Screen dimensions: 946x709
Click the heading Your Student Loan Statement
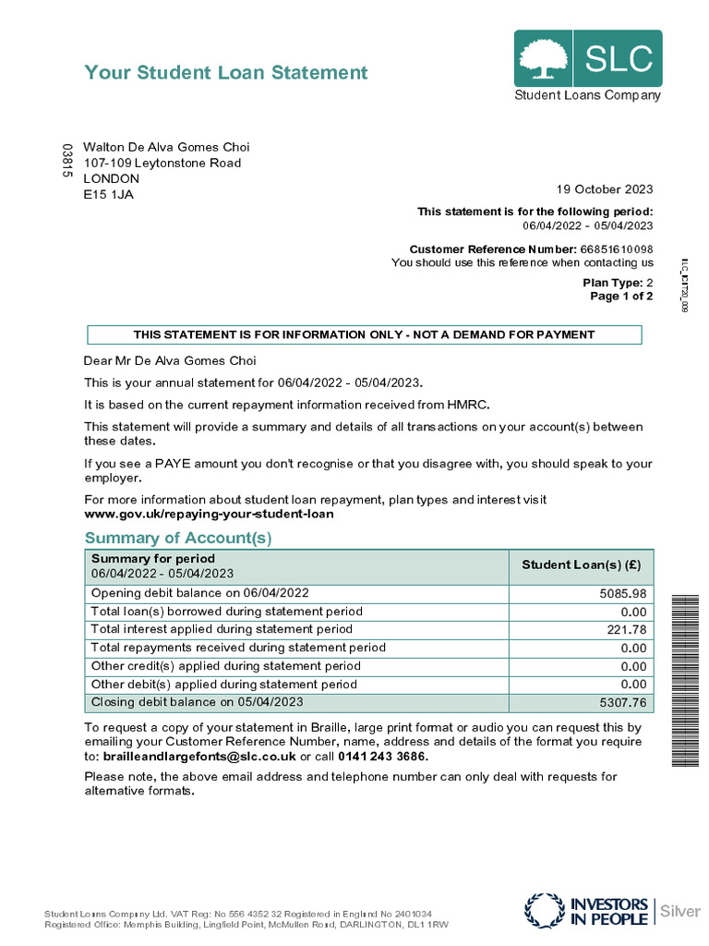226,73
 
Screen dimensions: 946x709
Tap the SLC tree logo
544,58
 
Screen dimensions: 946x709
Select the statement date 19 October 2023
604,189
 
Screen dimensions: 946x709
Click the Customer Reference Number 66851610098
616,249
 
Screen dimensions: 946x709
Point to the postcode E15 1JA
108,194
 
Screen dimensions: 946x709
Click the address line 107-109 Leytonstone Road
162,163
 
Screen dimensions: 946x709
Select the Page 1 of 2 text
621,297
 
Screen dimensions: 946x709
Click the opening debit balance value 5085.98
623,593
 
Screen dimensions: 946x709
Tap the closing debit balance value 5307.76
623,703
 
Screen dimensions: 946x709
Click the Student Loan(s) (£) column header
582,565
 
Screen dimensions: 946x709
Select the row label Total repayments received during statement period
238,648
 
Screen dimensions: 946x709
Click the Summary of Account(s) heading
178,538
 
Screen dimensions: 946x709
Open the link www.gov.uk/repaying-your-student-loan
209,513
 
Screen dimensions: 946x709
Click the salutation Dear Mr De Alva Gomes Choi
170,360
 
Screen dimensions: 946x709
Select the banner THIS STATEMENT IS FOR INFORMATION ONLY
364,334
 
